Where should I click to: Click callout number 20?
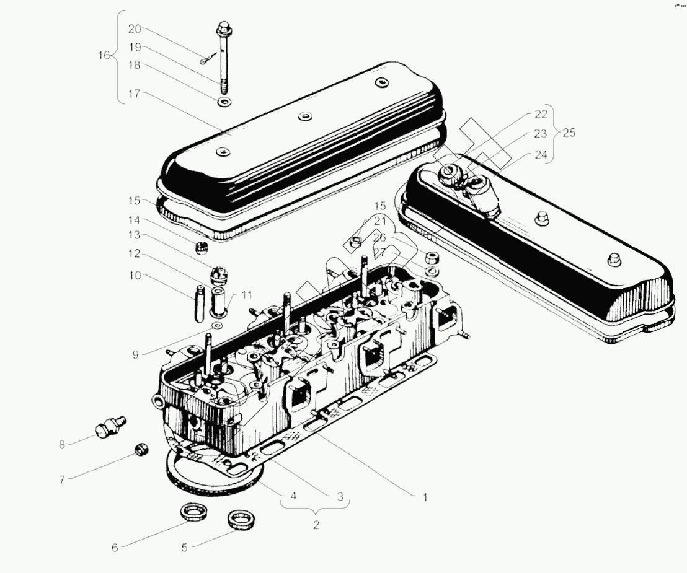[x=135, y=29]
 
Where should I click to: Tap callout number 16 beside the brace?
[x=104, y=56]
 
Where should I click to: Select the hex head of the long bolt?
[x=224, y=28]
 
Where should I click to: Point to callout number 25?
[x=569, y=133]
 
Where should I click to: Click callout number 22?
[x=541, y=114]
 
